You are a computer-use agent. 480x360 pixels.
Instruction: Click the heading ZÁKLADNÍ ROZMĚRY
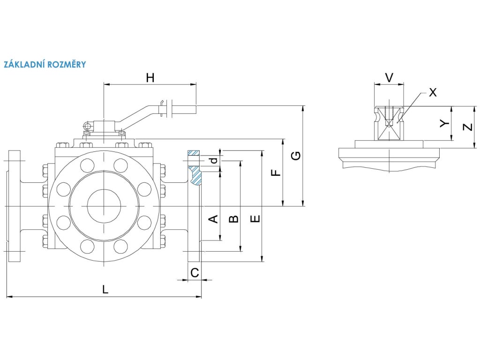tap(45, 64)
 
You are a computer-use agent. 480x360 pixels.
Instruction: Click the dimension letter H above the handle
tap(150, 78)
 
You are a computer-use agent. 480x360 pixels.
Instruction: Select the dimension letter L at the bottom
tap(105, 290)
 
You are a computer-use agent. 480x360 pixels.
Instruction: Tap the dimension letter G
tap(295, 156)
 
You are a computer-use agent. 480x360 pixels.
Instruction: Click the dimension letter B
tap(233, 219)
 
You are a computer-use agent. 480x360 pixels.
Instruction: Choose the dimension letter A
tap(212, 219)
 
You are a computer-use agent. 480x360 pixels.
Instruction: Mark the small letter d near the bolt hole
tap(214, 160)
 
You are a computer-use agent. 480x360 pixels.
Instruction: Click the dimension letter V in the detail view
tap(389, 77)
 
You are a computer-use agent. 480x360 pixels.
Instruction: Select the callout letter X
tap(433, 92)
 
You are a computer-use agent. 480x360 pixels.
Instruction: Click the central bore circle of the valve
tap(104, 207)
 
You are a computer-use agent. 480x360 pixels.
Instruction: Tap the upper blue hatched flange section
tap(194, 153)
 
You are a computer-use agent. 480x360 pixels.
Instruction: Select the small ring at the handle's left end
tap(87, 126)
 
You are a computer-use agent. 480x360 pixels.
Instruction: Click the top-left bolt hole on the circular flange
tap(87, 165)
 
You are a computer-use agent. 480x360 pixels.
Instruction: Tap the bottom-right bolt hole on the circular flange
tap(121, 246)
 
